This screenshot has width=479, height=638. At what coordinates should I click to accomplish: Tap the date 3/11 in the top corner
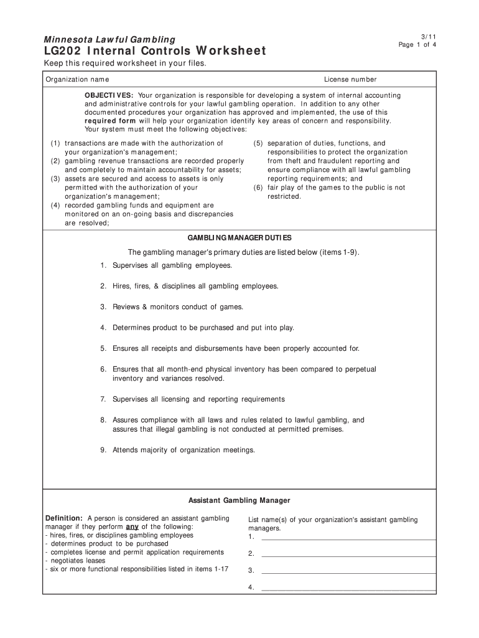pyautogui.click(x=421, y=37)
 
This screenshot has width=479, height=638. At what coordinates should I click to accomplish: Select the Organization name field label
pyautogui.click(x=77, y=80)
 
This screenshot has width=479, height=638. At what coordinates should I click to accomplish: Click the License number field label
pyautogui.click(x=350, y=80)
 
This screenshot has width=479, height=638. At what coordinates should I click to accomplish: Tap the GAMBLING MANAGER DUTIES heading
pyautogui.click(x=240, y=238)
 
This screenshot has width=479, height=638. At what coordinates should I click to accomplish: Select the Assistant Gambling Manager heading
pyautogui.click(x=240, y=500)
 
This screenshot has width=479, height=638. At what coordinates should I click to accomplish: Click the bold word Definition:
pyautogui.click(x=64, y=518)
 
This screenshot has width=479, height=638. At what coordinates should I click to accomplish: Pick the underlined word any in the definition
pyautogui.click(x=132, y=526)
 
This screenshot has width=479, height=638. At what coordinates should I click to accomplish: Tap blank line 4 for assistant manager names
pyautogui.click(x=348, y=587)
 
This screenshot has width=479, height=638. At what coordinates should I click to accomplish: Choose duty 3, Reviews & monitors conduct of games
pyautogui.click(x=178, y=307)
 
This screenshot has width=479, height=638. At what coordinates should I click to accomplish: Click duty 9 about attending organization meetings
pyautogui.click(x=184, y=450)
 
